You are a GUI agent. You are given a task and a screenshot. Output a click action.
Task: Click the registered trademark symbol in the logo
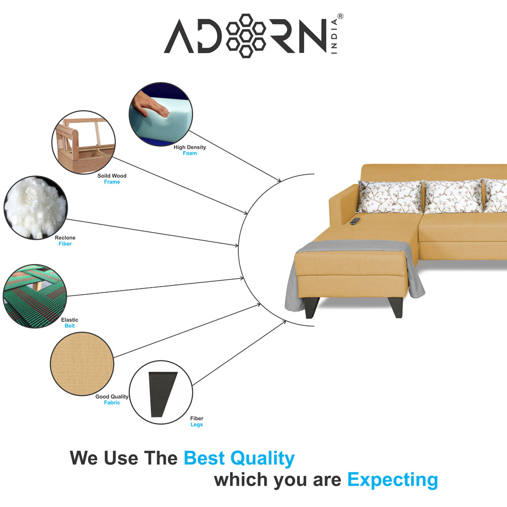pos(340,16)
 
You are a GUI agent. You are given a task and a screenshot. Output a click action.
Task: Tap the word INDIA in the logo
pos(334,36)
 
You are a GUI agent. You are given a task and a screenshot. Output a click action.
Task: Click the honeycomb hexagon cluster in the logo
pos(246,35)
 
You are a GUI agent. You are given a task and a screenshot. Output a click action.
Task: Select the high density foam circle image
pos(161,114)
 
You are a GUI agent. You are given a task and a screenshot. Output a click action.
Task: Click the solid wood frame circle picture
pos(84,142)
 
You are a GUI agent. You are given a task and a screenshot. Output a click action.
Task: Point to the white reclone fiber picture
pos(35,207)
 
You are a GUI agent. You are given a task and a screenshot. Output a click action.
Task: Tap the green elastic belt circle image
pos(34,296)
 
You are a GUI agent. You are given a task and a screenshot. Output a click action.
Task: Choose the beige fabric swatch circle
pos(82,364)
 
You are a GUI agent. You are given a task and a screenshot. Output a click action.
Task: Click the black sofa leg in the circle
pos(162,394)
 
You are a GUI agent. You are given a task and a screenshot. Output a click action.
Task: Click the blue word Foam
pos(190,153)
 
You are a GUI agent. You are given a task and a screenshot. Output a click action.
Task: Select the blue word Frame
pos(112,182)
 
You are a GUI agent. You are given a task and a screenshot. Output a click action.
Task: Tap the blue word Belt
pos(69,326)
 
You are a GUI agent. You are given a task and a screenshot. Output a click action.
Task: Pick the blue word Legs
pos(197,424)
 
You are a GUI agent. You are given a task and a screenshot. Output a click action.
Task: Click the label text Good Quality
pos(112,397)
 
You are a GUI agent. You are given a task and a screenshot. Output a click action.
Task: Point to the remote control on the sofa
pos(355,221)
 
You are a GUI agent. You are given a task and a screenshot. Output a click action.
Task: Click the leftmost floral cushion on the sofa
pos(389,197)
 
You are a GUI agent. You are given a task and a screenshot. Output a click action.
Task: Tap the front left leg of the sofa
pos(312,308)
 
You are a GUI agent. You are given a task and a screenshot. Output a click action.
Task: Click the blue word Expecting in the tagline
pos(392,480)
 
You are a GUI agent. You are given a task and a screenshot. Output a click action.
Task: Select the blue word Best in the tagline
pos(204,458)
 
